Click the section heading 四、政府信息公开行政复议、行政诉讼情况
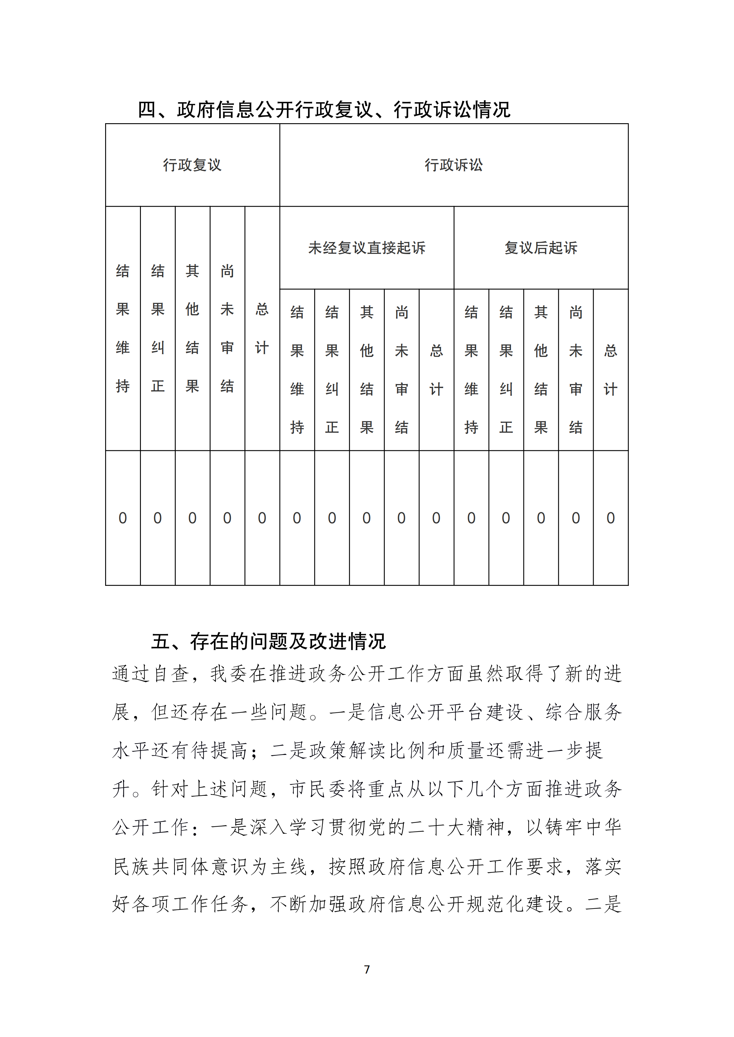(324, 109)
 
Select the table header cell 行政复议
(192, 165)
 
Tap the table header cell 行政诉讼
(453, 165)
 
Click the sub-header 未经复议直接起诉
(367, 248)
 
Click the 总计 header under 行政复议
(262, 328)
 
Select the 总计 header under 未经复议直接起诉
(436, 370)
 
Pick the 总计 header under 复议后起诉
(610, 370)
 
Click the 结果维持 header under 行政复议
(122, 328)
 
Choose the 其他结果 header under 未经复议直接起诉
(367, 370)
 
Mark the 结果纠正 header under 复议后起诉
(506, 370)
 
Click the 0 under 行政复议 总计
(262, 518)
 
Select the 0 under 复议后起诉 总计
(610, 518)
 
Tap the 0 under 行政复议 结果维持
(122, 518)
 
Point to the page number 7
(367, 969)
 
